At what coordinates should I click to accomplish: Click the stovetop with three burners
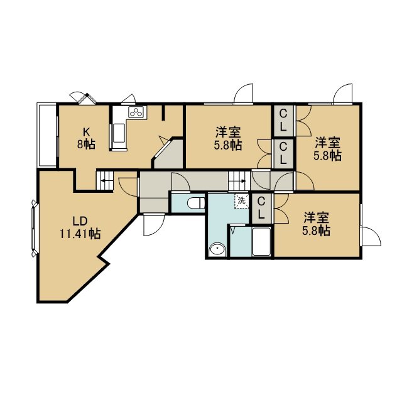138,112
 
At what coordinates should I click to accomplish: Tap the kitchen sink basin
119,133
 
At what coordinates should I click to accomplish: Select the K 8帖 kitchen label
87,139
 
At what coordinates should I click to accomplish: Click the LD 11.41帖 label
80,227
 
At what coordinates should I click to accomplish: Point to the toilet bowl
196,204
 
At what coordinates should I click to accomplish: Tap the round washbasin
217,249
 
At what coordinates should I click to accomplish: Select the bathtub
261,241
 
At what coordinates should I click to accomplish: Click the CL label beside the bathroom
261,208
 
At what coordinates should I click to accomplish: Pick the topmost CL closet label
283,121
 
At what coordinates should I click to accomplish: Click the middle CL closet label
283,153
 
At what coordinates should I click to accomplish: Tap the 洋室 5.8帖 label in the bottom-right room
317,224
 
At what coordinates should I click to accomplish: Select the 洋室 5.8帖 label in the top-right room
328,149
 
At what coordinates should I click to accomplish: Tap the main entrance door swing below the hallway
153,225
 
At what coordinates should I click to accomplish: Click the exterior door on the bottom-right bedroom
371,236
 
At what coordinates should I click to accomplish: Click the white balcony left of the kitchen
47,135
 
